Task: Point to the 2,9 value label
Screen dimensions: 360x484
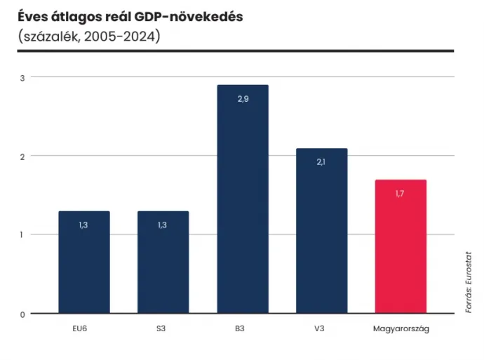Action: point(243,99)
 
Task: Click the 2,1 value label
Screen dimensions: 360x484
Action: point(321,162)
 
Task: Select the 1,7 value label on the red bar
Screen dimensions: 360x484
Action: point(400,194)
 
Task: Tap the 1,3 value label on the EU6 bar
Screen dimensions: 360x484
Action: point(83,225)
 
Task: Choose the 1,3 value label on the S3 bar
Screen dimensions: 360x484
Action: point(163,225)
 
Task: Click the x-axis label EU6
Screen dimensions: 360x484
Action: point(79,328)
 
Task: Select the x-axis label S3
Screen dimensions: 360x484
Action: point(161,328)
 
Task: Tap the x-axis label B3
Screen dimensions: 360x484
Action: point(240,328)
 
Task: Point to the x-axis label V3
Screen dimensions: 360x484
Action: point(320,328)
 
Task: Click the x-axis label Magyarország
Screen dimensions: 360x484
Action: point(401,328)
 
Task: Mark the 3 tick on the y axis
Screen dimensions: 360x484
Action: point(22,77)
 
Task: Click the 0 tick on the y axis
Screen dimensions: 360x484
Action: point(22,314)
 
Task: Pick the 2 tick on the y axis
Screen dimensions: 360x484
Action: point(22,156)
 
